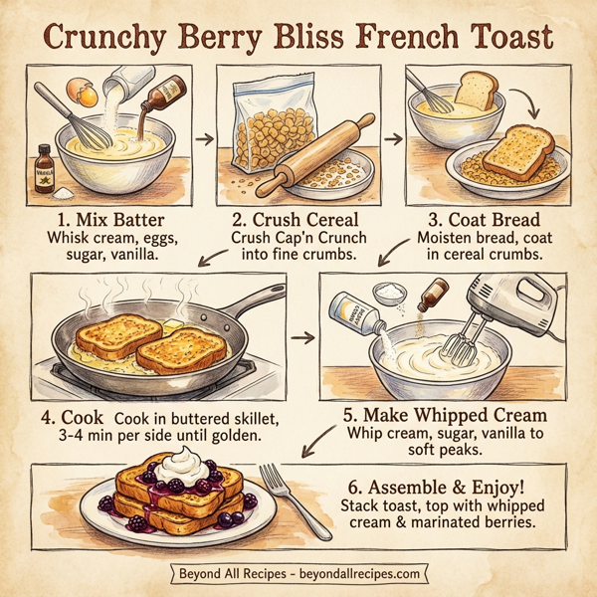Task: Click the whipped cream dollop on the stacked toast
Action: (x=185, y=463)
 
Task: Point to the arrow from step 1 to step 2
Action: (x=205, y=137)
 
